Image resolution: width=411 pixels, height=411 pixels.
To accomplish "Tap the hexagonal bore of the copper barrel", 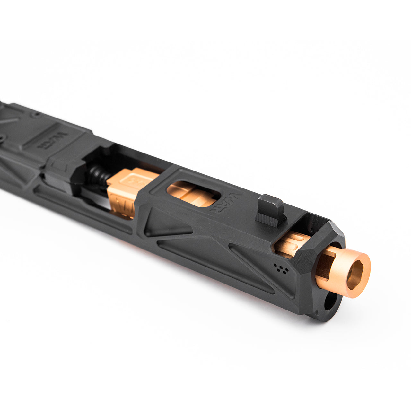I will coord(356,273).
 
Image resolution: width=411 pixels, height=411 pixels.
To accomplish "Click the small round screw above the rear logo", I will coord(35,114).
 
